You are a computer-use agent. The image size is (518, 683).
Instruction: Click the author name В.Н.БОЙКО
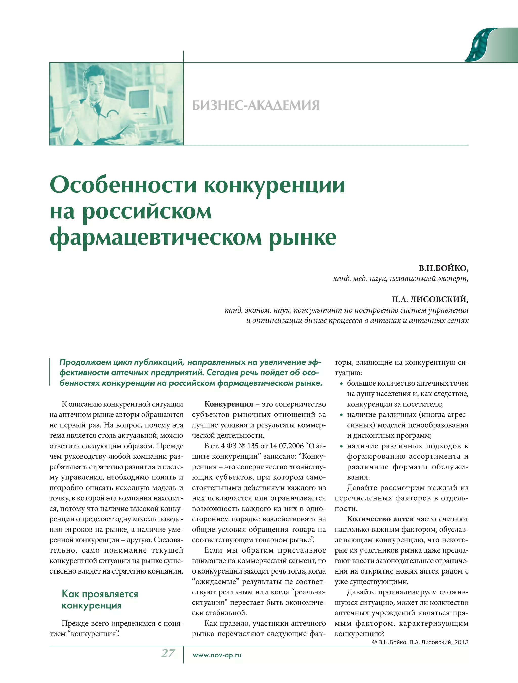pos(443,268)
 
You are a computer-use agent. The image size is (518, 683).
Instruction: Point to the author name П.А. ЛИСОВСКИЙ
pos(430,299)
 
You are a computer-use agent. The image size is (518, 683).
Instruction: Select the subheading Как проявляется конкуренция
pos(100,600)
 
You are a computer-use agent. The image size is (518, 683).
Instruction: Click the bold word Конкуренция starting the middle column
pos(229,404)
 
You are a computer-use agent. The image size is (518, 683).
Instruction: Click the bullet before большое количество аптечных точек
pos(341,384)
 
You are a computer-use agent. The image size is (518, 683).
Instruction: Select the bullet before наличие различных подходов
pos(341,447)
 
